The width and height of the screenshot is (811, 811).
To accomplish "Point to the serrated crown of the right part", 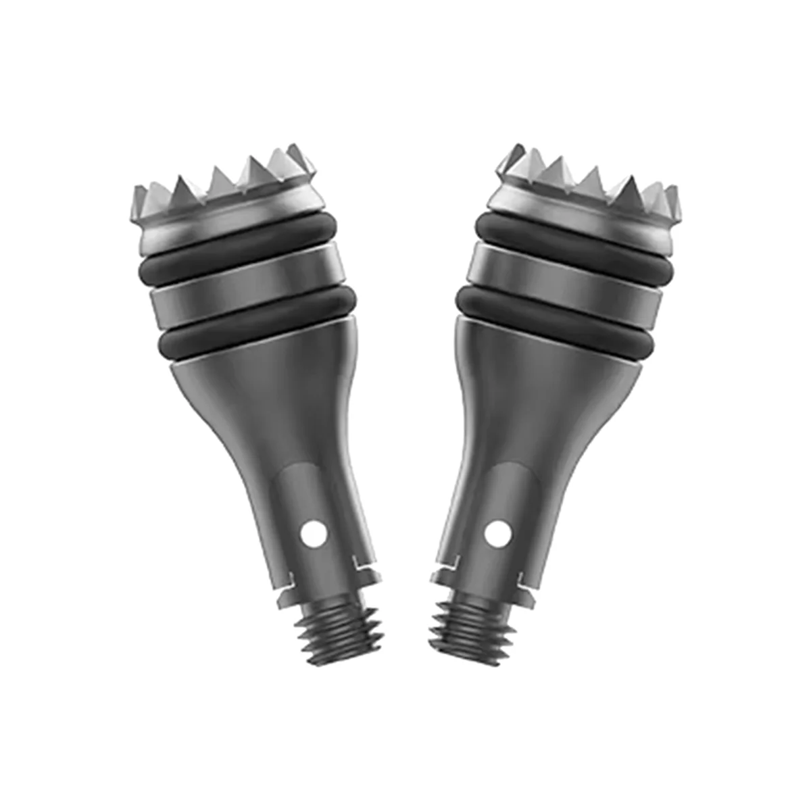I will click(x=588, y=189).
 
